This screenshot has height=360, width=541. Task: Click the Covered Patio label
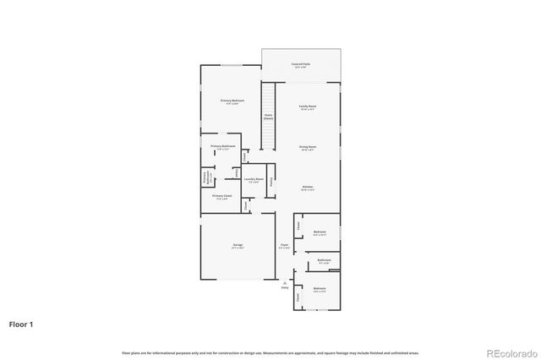(301, 64)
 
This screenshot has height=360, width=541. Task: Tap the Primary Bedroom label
(233, 101)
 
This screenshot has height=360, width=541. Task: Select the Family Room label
(307, 107)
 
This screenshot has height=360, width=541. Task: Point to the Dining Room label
(307, 147)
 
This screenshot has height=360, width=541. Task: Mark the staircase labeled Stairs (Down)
(268, 117)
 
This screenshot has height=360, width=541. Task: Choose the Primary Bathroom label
(222, 147)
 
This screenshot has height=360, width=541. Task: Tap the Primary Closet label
(221, 198)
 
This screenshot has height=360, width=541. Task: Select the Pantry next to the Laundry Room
(270, 180)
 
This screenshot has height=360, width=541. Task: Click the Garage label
(238, 247)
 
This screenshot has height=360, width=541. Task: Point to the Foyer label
(284, 247)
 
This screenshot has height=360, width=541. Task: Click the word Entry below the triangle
(284, 288)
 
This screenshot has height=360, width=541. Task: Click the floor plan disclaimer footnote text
(270, 352)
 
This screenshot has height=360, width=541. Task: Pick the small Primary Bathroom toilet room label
(205, 179)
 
